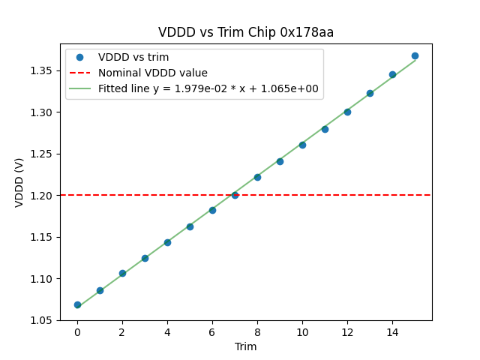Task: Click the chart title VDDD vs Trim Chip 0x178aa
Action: tap(246, 32)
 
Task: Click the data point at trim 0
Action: tap(77, 304)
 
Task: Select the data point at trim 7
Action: tap(235, 195)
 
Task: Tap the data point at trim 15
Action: tap(415, 55)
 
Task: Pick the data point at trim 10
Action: tap(302, 145)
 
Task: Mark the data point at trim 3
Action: tap(145, 258)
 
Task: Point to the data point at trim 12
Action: tap(347, 112)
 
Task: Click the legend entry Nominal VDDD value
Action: tap(153, 73)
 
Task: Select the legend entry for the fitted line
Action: tap(208, 88)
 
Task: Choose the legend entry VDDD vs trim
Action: tap(133, 57)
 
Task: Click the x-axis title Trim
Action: tap(245, 346)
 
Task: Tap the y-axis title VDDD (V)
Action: tap(20, 182)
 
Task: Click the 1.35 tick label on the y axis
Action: tap(42, 70)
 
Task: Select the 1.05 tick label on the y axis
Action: tap(42, 320)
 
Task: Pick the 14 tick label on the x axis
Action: tap(392, 332)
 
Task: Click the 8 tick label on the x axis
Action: tap(257, 332)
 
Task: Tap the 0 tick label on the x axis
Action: tap(77, 332)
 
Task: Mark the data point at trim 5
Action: tap(190, 226)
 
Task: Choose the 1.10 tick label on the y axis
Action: tap(42, 278)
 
